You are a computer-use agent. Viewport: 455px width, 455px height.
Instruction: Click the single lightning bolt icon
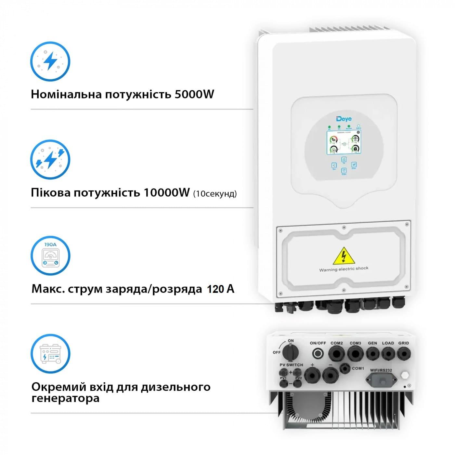point(50,61)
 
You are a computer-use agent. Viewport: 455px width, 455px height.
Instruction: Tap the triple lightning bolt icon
point(50,160)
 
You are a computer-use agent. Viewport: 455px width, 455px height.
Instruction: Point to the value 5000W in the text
point(194,94)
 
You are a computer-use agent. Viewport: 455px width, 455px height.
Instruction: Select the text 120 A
point(220,289)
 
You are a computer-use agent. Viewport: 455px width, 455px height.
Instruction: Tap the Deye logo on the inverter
point(344,119)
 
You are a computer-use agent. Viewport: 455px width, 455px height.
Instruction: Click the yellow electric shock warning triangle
point(344,255)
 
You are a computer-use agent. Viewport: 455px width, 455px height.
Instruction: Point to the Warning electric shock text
point(344,269)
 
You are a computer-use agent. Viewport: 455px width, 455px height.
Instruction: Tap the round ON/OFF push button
point(318,354)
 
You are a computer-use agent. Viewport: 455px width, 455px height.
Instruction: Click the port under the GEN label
point(372,353)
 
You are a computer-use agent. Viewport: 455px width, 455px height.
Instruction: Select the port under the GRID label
point(403,353)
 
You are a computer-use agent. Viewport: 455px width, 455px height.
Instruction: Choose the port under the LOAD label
point(388,353)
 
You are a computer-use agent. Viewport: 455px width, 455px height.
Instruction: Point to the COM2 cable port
point(336,354)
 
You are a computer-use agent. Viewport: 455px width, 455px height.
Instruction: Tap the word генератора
point(65,398)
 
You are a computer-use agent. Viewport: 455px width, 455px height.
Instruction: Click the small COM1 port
point(344,368)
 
